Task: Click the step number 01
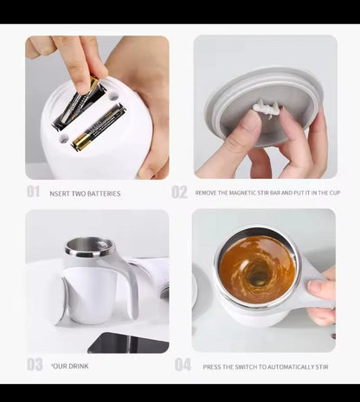pos(33,192)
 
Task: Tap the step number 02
pos(179,192)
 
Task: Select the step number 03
pos(34,365)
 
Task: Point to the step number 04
pos(183,365)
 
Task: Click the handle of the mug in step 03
pos(125,285)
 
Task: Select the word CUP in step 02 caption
pos(330,194)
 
